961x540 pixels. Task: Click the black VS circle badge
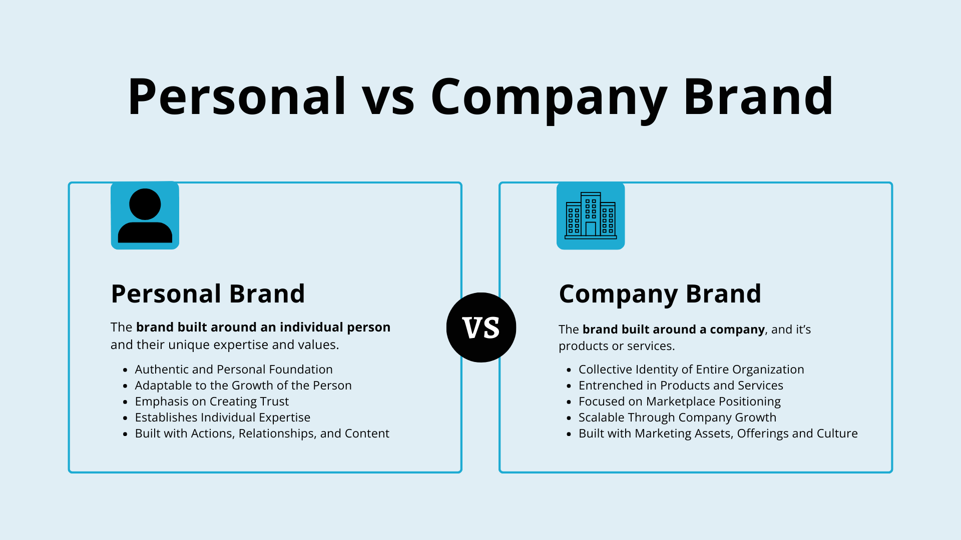tap(481, 327)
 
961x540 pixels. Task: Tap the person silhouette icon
tap(145, 215)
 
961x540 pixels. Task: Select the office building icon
tap(591, 215)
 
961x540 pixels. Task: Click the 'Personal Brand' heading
tap(208, 293)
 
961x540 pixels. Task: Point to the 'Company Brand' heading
tap(660, 294)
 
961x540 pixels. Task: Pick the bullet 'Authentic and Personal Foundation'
tap(234, 369)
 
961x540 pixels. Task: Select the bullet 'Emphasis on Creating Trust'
tap(212, 401)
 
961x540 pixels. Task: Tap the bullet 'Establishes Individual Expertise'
tap(223, 417)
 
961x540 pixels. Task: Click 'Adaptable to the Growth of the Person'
tap(243, 385)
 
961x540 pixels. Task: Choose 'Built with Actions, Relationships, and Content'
tap(262, 433)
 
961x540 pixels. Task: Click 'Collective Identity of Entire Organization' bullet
tap(691, 369)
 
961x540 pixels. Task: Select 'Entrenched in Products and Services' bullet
tap(681, 385)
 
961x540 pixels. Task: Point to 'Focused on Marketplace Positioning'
tap(680, 401)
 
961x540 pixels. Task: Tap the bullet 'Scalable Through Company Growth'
tap(678, 417)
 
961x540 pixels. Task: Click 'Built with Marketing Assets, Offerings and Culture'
tap(718, 433)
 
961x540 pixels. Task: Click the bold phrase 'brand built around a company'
tap(674, 329)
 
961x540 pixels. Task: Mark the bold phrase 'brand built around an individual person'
tap(263, 327)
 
